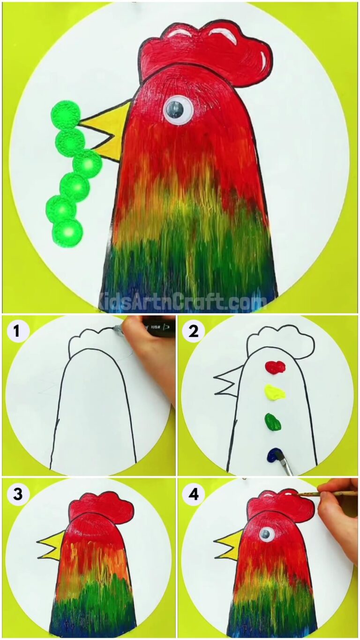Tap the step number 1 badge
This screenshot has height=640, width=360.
[17, 332]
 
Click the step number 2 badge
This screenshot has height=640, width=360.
[193, 332]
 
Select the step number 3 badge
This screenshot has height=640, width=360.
[17, 494]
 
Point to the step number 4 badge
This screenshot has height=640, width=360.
[193, 494]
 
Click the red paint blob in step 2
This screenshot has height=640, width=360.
[274, 366]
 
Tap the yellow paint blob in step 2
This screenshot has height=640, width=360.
[275, 392]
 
